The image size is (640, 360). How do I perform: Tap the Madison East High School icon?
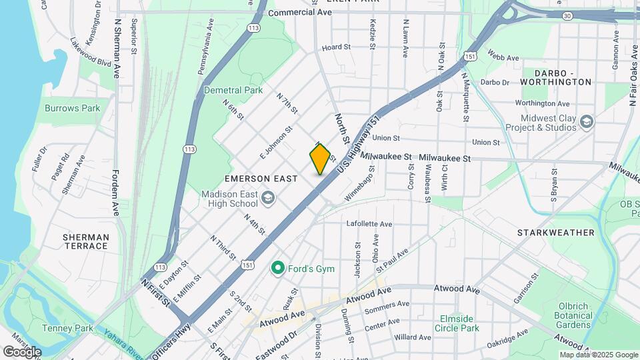tap(267, 197)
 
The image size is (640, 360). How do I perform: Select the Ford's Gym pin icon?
tap(277, 268)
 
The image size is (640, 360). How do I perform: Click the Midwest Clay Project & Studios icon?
tap(586, 122)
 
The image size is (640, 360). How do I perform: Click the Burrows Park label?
tap(72, 108)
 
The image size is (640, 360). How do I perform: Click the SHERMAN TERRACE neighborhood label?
tap(85, 241)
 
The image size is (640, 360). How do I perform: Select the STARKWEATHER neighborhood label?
tap(556, 233)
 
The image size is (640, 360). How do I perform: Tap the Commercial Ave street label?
tap(299, 13)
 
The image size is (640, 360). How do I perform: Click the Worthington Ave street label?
tap(542, 103)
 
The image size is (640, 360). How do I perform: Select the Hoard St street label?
tap(336, 47)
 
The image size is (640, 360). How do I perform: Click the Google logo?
tap(22, 351)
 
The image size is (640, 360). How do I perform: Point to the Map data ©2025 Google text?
tap(598, 355)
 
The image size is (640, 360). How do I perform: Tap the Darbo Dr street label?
tap(495, 83)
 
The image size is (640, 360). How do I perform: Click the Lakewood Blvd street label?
tap(91, 50)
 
